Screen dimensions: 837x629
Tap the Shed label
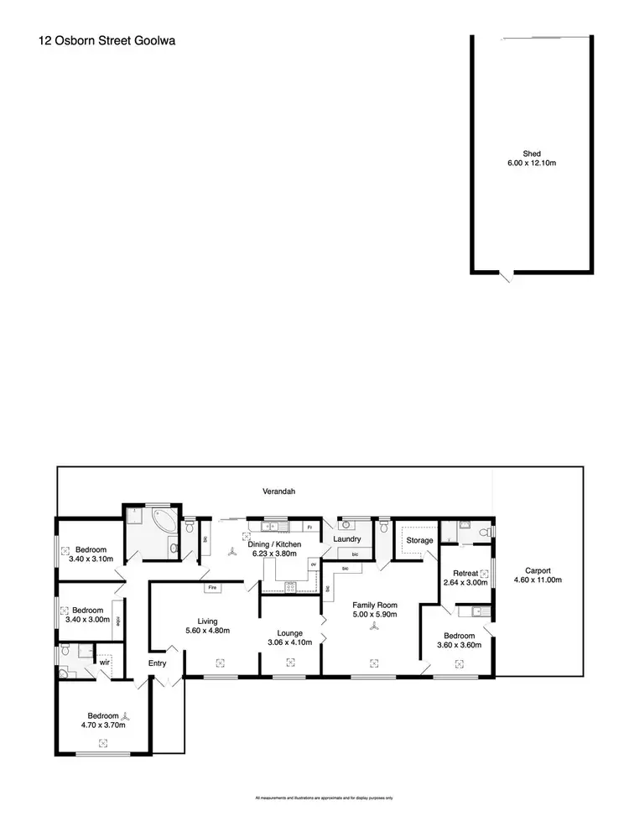pyautogui.click(x=532, y=153)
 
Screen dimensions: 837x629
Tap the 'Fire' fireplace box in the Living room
pyautogui.click(x=212, y=587)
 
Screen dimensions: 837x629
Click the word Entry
pyautogui.click(x=157, y=663)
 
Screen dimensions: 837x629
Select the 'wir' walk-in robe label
pyautogui.click(x=105, y=661)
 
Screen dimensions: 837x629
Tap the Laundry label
pyautogui.click(x=346, y=539)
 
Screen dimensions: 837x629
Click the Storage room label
pyautogui.click(x=419, y=540)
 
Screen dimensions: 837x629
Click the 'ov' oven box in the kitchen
pyautogui.click(x=312, y=564)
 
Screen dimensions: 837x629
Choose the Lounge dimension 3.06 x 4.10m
pyautogui.click(x=289, y=642)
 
